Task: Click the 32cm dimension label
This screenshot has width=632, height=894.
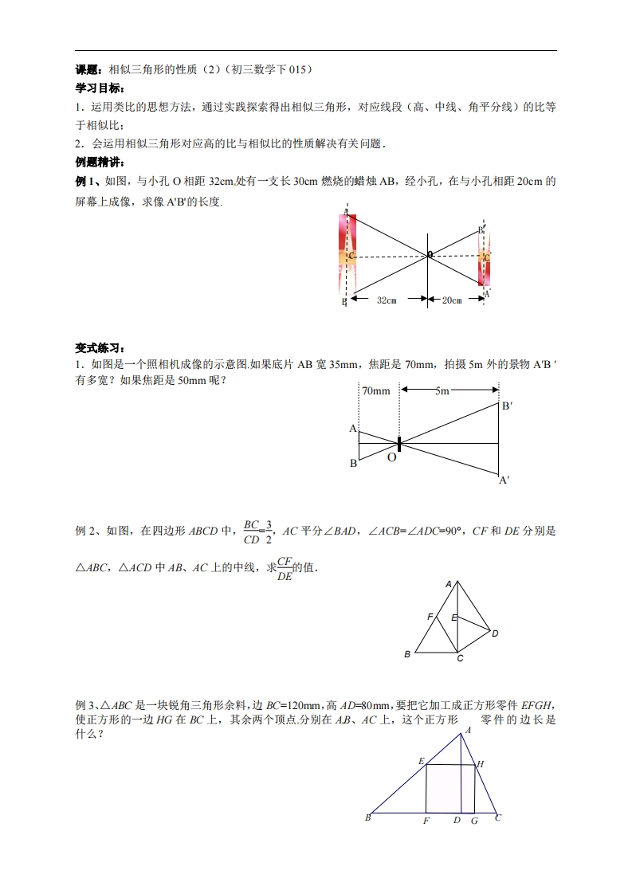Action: pos(387,300)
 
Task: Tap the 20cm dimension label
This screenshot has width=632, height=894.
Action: pos(452,300)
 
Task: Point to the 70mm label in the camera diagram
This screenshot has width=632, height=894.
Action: pos(376,391)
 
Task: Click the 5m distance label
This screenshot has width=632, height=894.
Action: pos(442,391)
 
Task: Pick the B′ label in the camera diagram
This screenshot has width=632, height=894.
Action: pos(506,406)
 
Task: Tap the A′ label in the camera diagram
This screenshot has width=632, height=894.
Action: pos(504,480)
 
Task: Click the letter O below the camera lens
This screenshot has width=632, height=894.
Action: pos(392,458)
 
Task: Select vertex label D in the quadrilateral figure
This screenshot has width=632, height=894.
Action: pos(495,633)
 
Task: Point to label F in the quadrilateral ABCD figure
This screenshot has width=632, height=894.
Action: pos(430,618)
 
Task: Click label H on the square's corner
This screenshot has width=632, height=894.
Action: pos(481,764)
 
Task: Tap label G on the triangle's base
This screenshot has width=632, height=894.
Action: pos(474,820)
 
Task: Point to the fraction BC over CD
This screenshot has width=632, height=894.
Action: pos(253,531)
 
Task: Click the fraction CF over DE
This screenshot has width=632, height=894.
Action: pos(285,569)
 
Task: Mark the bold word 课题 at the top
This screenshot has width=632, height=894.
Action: pos(87,69)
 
